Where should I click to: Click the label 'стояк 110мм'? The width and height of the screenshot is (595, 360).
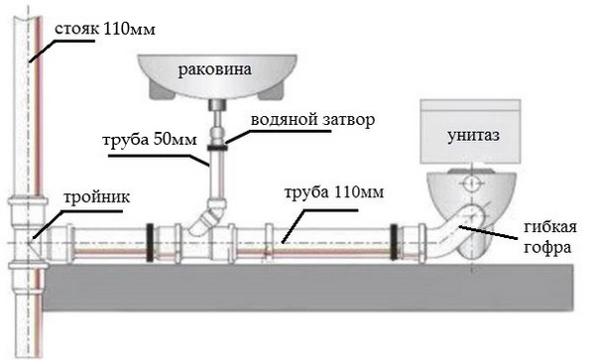coord(105,29)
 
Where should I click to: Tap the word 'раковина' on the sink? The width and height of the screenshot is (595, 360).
coord(215,69)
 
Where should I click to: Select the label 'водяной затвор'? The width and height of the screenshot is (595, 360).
coord(313,120)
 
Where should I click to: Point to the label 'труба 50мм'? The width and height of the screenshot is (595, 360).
coord(150,140)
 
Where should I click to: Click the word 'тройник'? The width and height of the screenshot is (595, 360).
coord(97,197)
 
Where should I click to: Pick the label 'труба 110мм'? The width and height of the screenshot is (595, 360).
coord(334,192)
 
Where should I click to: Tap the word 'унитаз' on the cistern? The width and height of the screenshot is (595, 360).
coord(473,136)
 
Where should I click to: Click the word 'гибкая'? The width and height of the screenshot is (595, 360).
coord(550,227)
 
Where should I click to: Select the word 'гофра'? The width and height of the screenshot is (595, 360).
coord(547,247)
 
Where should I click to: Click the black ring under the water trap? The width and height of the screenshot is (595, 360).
coord(217,147)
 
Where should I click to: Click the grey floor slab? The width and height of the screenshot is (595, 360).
coord(308,288)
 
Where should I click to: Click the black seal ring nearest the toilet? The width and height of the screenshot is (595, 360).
coord(395,243)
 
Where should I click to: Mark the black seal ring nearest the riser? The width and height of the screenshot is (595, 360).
coord(150,243)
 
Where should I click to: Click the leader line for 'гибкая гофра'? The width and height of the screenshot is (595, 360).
coord(488,232)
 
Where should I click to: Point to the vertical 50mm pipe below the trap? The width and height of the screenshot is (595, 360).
coord(217,174)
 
